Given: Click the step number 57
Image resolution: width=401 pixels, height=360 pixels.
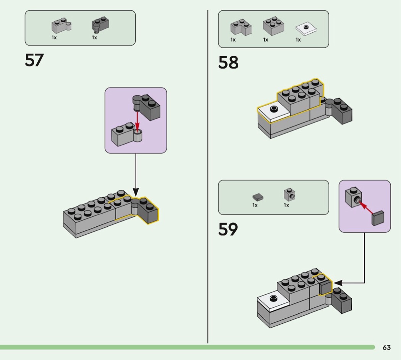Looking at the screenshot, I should tap(34, 60).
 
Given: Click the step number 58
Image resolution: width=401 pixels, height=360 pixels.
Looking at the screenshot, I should tap(228, 63).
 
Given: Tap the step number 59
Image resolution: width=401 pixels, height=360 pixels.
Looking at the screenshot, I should tap(228, 229).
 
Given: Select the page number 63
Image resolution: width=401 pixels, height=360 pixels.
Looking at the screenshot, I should tap(386, 347).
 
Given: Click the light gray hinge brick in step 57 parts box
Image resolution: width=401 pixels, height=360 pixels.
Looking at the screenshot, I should tap(61, 26).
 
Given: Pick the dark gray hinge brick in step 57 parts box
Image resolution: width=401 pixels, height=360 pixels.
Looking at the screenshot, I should tap(100, 25).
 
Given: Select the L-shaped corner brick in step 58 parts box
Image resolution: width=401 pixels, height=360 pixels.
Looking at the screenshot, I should tap(241, 27).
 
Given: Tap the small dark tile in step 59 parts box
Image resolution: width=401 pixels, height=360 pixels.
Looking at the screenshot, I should tap(258, 197).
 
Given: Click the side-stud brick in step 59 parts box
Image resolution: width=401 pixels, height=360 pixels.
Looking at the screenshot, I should tap(289, 195).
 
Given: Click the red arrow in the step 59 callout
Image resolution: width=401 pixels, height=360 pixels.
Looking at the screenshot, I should tap(367, 208).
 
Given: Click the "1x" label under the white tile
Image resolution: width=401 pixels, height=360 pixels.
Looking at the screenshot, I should tap(298, 40).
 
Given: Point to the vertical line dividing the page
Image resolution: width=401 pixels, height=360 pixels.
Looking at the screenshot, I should tap(208, 176).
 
